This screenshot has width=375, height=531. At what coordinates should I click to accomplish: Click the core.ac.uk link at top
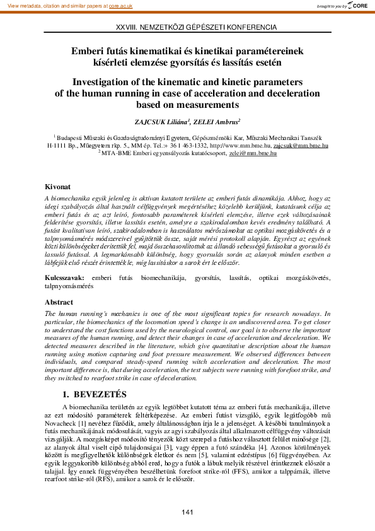click(118, 5)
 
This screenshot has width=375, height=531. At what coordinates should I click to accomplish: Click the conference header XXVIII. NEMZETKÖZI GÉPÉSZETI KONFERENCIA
click(188, 28)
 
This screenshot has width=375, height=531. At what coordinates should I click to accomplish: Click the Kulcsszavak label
click(65, 278)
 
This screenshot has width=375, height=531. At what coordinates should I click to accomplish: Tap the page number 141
click(187, 511)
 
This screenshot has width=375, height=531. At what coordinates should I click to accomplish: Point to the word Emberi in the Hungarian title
click(88, 50)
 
